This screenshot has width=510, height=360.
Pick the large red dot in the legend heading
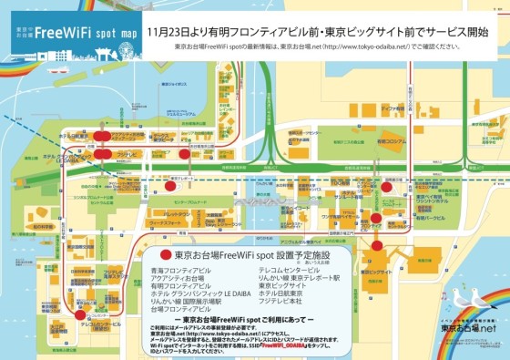165,255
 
